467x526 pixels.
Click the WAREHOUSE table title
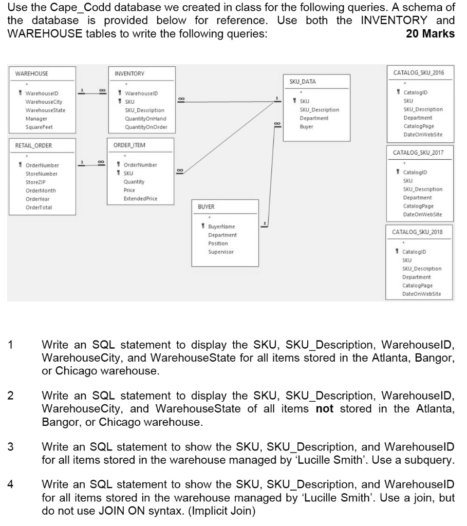tap(32, 73)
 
